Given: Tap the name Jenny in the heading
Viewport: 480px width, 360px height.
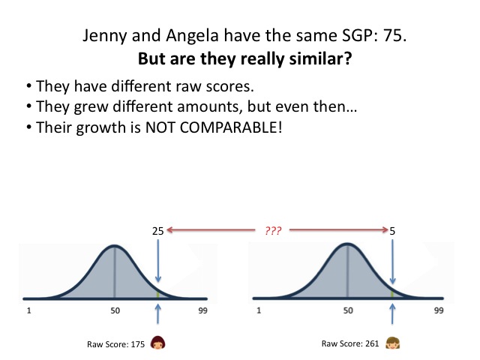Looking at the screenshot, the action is (x=105, y=36).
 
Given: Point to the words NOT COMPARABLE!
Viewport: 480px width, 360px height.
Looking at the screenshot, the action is (x=214, y=127).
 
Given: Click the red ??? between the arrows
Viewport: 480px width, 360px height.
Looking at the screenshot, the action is (x=273, y=230).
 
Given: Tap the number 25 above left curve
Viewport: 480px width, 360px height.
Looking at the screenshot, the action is (x=158, y=231).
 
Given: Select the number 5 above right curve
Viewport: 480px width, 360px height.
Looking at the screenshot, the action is (x=392, y=231).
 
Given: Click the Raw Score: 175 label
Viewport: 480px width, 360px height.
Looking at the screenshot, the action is (x=115, y=344).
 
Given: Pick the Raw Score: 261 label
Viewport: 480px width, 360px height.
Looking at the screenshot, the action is (x=350, y=343).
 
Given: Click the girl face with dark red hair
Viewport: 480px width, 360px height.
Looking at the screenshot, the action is (x=157, y=343).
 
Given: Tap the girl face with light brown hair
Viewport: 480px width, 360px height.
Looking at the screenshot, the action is (x=392, y=343).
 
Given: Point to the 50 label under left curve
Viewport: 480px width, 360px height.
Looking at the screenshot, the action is (x=115, y=310).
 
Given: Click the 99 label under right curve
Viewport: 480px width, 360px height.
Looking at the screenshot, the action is (x=439, y=310).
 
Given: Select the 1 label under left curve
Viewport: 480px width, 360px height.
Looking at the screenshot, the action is (x=28, y=310).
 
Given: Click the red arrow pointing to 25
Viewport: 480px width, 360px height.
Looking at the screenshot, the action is (x=211, y=229).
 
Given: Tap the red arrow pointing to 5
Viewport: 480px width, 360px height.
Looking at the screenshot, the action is (x=339, y=229).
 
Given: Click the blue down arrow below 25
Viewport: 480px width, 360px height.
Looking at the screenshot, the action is (x=158, y=261).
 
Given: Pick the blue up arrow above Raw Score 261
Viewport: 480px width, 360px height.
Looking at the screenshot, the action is (x=392, y=313).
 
